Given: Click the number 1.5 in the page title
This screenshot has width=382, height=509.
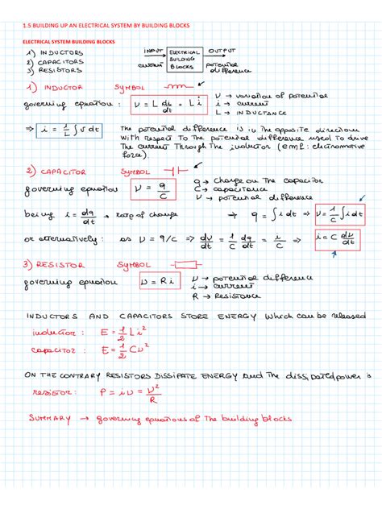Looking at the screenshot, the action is click(28, 25).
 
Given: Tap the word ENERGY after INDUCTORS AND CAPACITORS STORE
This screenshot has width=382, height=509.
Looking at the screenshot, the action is click(230, 312).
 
